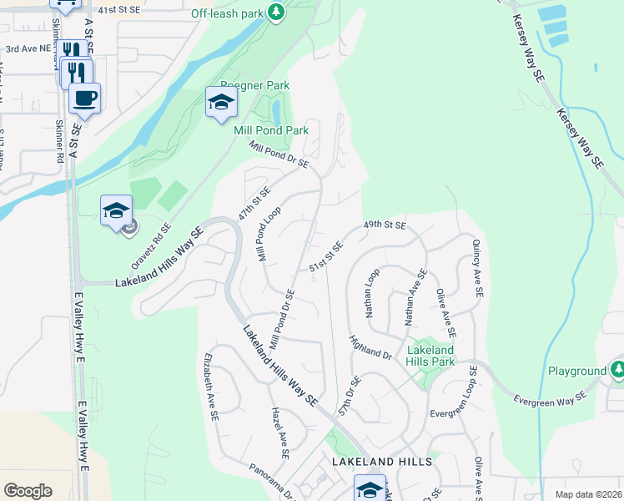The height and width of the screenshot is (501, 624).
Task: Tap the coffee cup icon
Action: point(84,98)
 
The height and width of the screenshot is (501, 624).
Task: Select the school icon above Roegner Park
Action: point(221,103)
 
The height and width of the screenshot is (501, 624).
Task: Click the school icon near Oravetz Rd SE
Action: point(117,210)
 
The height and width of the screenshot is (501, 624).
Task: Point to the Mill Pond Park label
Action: point(272,130)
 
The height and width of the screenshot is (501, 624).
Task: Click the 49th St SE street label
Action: point(385,225)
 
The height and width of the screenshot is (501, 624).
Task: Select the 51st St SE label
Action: point(326,256)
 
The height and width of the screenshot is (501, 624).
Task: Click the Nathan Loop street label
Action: point(372,292)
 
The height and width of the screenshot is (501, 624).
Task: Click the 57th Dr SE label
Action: point(349,397)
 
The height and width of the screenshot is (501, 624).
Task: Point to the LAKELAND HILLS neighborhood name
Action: point(381,461)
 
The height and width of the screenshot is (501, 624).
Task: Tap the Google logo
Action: point(28,490)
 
